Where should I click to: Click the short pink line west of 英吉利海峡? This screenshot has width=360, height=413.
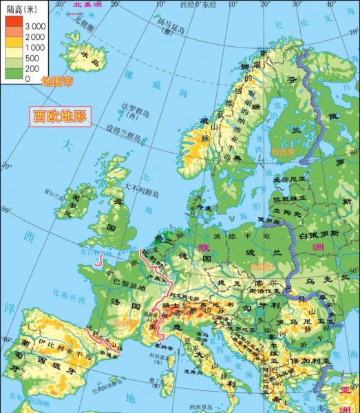[101, 260]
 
